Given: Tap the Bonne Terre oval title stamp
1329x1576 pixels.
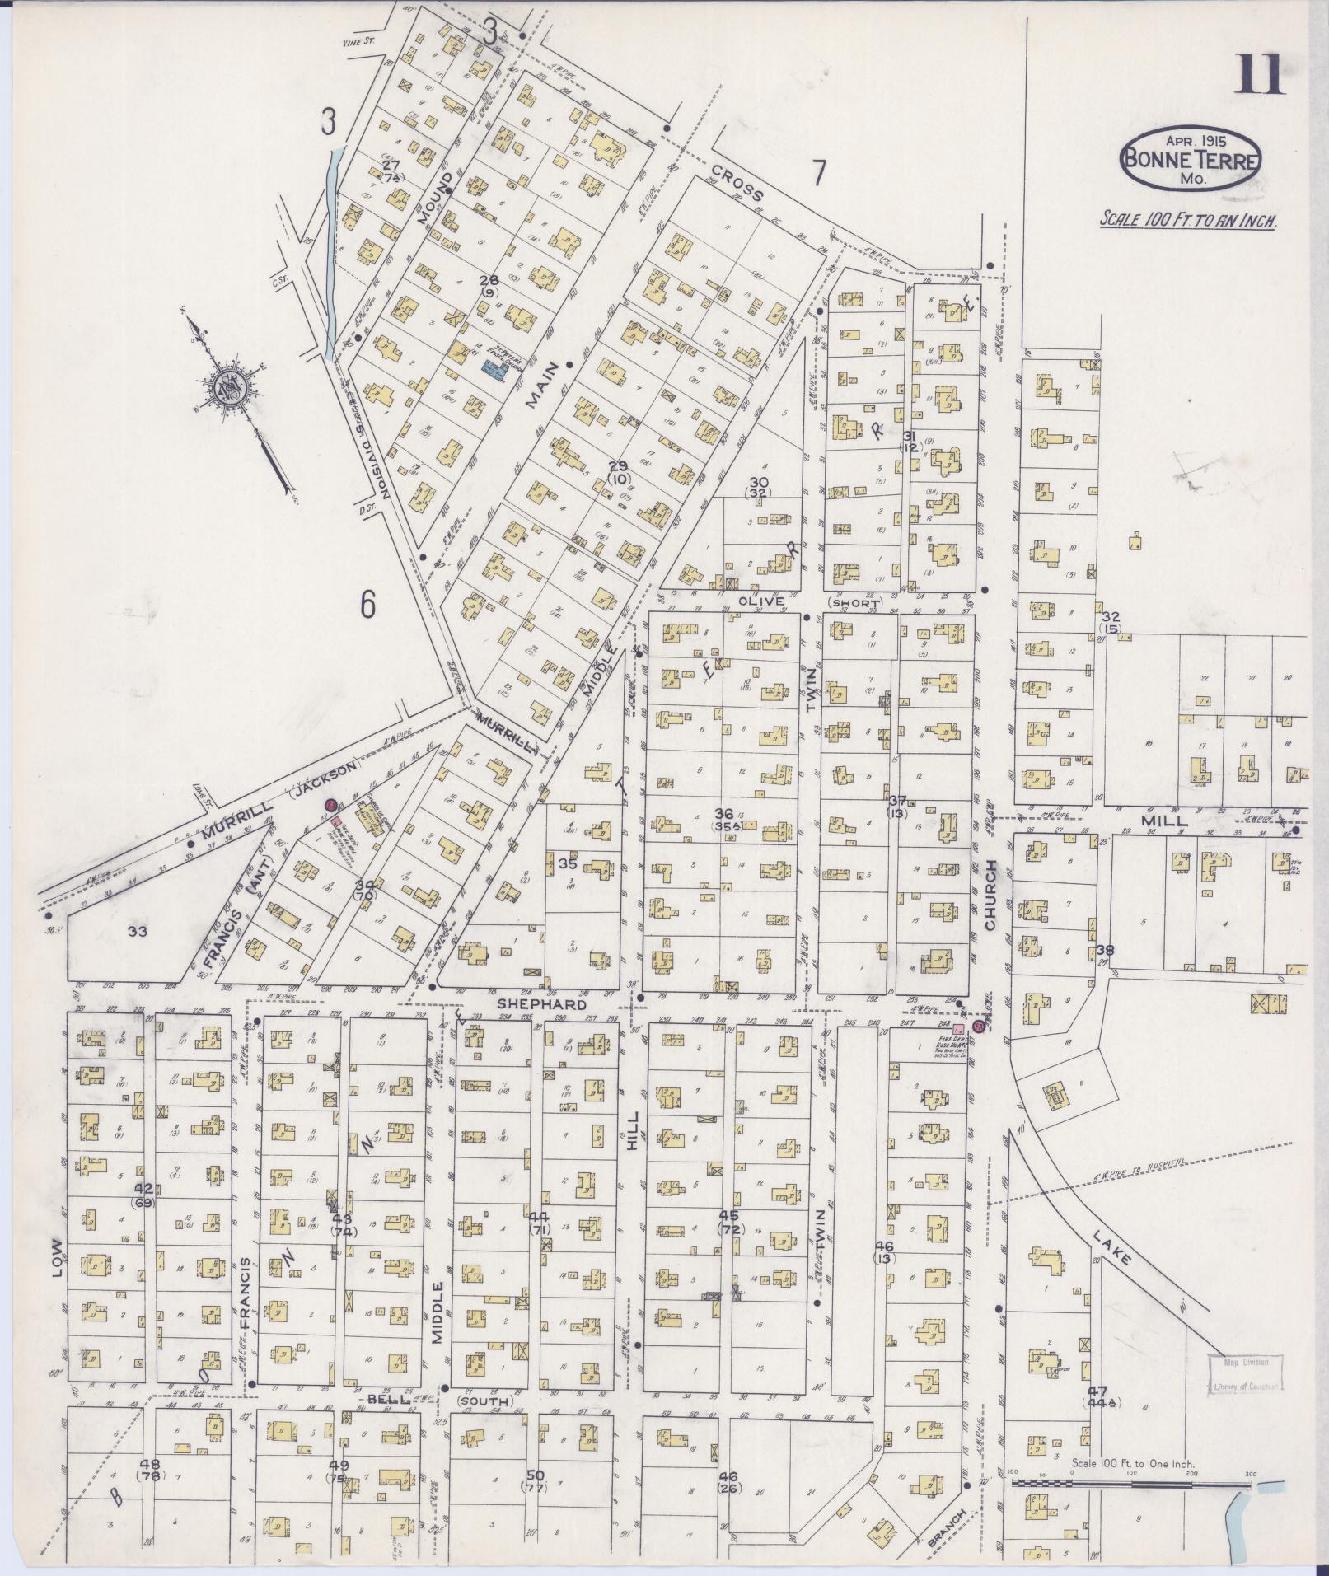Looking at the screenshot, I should [x=1189, y=159].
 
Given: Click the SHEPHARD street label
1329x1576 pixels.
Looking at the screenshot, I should [x=541, y=1004].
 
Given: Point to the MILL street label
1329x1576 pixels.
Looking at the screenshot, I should [x=1163, y=821].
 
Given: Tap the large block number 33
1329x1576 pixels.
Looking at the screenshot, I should [x=138, y=931].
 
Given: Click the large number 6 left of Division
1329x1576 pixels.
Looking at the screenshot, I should [x=367, y=606].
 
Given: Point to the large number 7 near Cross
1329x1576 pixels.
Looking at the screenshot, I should [x=818, y=172].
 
